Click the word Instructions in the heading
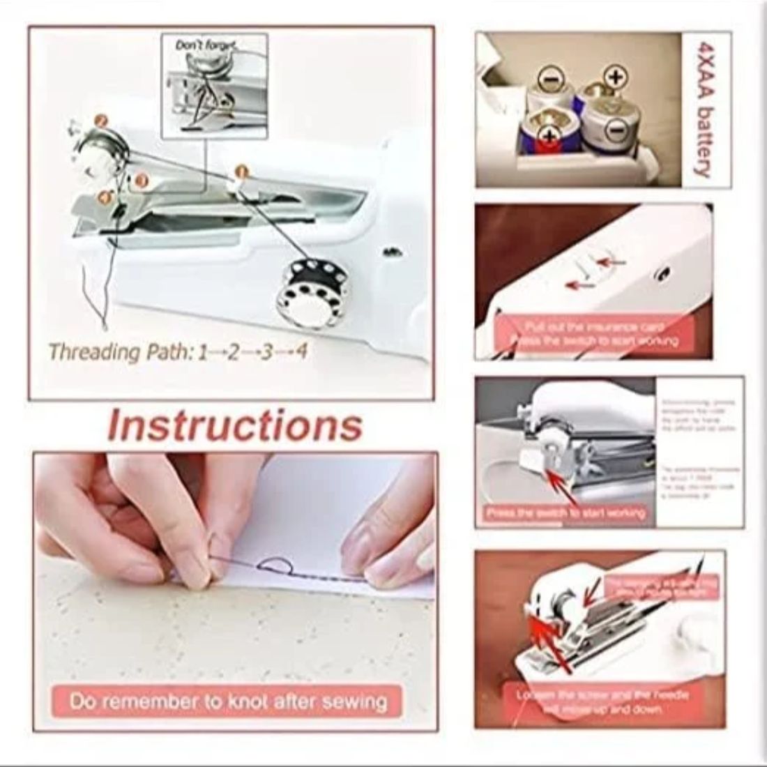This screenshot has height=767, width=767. tap(235, 425)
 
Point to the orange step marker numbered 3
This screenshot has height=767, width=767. tap(141, 181)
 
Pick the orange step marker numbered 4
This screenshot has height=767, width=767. tap(105, 198)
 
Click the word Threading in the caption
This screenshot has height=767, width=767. tap(94, 352)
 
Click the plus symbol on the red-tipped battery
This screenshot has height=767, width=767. tap(551, 134)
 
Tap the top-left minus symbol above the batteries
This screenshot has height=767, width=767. tap(550, 79)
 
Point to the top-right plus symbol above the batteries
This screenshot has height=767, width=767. tap(614, 76)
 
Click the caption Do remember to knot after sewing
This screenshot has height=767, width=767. tap(228, 701)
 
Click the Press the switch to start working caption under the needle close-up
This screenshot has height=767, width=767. tap(566, 513)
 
